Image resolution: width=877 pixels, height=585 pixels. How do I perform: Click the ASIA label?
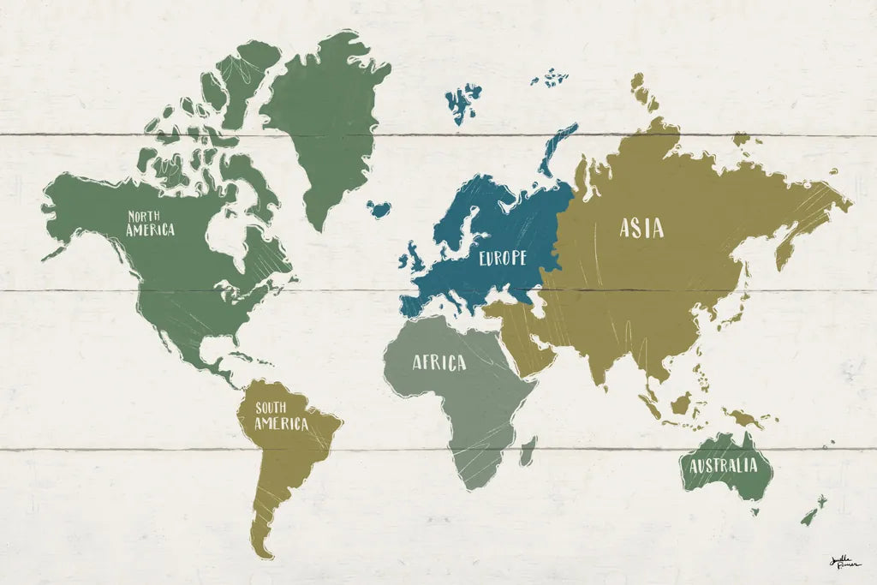point(641,228)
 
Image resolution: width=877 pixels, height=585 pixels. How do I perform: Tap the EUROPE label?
point(502,257)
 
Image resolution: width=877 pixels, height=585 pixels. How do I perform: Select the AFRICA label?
point(439,363)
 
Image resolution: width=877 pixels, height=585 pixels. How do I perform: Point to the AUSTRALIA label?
point(724,466)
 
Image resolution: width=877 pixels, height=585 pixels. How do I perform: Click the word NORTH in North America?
point(147,216)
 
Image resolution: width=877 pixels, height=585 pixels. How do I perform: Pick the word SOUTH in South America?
point(271,409)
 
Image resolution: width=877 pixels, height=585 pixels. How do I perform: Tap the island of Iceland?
point(379,208)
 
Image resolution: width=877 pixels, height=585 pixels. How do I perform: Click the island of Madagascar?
point(528,449)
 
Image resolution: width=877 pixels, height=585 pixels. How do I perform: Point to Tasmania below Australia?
point(755,512)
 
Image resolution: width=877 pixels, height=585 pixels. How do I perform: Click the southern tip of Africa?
point(470,485)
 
